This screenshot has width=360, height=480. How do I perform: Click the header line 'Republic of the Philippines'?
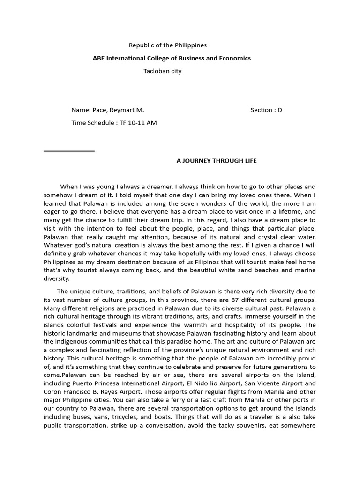(168, 45)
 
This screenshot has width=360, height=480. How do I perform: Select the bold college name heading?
(172, 58)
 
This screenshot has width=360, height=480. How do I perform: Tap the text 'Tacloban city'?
(162, 71)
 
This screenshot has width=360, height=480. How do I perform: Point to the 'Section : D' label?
(266, 110)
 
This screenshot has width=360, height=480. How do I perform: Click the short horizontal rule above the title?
(69, 151)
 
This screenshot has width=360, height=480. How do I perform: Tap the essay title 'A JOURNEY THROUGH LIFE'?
(217, 161)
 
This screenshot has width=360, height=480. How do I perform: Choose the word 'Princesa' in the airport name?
(111, 382)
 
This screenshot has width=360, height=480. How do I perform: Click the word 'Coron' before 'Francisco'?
(52, 391)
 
